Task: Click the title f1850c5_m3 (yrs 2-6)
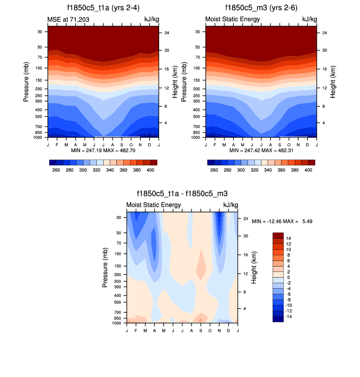[x=261, y=8]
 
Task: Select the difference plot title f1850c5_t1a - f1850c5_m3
[x=182, y=194]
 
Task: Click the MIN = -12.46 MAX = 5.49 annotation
[x=282, y=221]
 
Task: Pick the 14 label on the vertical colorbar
[x=289, y=238]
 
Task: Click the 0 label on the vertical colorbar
[x=288, y=277]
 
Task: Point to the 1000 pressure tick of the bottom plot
[x=117, y=323]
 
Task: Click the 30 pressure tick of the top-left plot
[x=39, y=31]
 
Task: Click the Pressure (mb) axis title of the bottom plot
[x=106, y=268]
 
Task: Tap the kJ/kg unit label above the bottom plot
[x=230, y=205]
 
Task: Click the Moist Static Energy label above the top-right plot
[x=232, y=19]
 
